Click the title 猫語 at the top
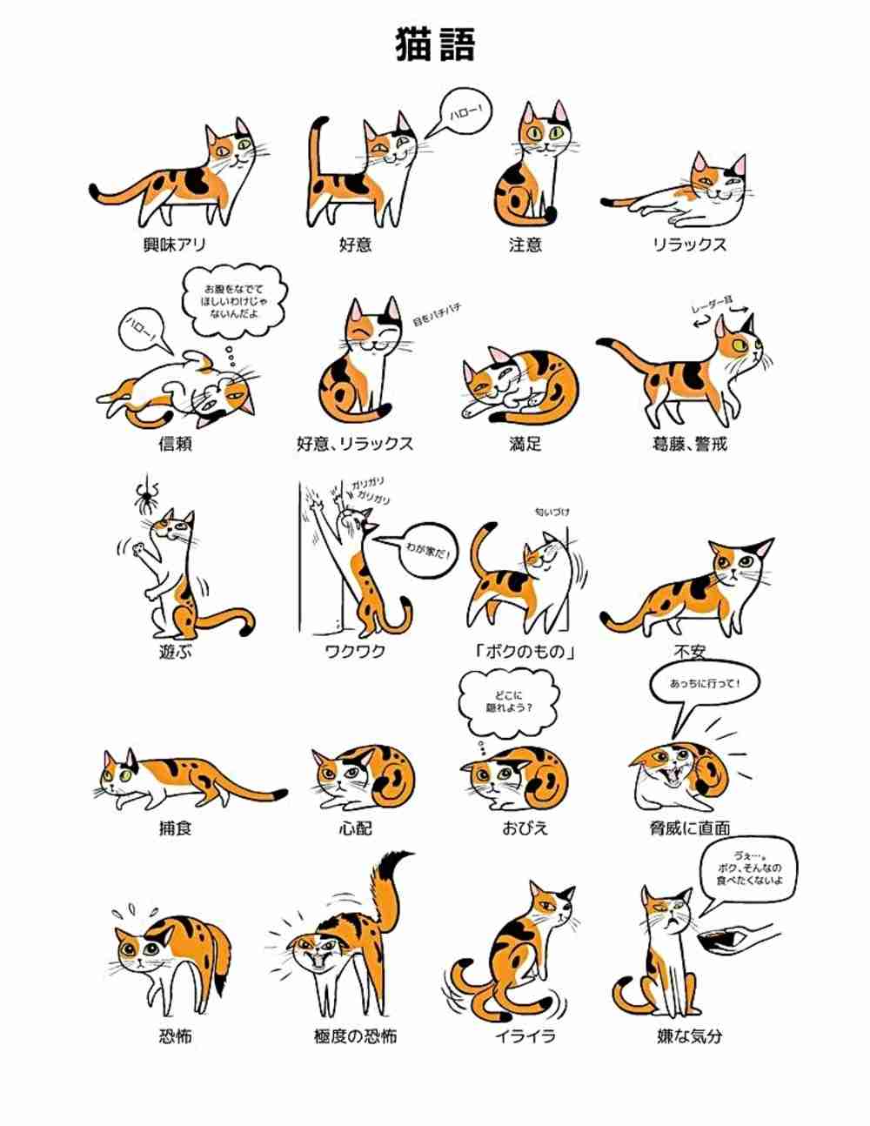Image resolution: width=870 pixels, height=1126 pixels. [435, 44]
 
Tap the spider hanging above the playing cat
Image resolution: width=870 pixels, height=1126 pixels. [145, 496]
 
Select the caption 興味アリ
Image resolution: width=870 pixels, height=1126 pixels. [174, 245]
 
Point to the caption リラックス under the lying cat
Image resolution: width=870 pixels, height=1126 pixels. [689, 245]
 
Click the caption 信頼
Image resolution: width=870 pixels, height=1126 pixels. [174, 445]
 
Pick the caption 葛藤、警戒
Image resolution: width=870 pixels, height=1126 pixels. [689, 445]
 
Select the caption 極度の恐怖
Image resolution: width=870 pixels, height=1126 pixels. [355, 1036]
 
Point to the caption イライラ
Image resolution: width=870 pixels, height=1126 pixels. [525, 1036]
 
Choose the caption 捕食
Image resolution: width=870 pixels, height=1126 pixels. [174, 828]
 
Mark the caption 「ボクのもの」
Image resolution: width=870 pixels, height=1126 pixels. [525, 652]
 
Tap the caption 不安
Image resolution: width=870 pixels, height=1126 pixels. [689, 652]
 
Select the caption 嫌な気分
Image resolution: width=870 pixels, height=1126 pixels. [689, 1036]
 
